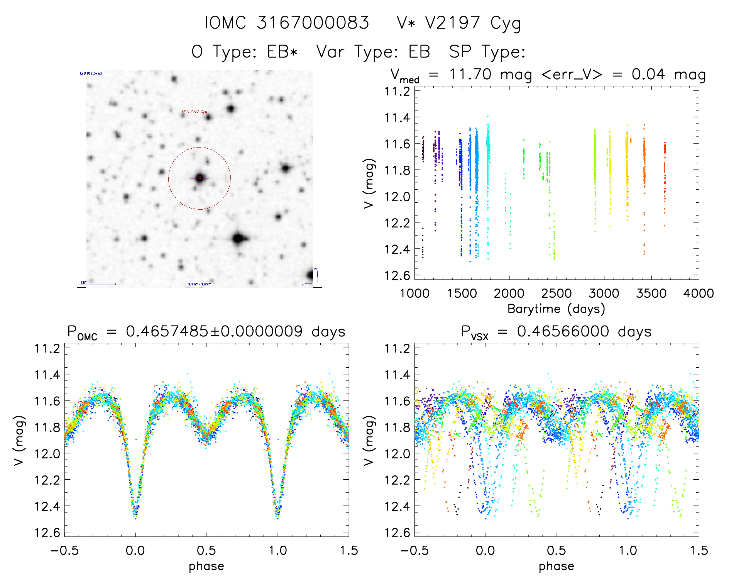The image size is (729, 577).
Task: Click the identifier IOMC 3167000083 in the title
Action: (287, 23)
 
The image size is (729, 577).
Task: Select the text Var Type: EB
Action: (373, 52)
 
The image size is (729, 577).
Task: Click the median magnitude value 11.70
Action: (470, 74)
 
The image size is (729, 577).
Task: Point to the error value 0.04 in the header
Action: (648, 74)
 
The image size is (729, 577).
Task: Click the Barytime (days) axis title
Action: (556, 309)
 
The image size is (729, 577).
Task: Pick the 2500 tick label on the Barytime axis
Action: (556, 294)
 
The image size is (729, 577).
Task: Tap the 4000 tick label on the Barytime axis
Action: (698, 294)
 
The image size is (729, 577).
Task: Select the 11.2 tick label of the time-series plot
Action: (397, 92)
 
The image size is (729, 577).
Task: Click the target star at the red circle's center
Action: (200, 178)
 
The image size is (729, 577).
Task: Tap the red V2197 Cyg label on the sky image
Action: (195, 112)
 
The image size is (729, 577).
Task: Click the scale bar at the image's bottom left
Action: (98, 284)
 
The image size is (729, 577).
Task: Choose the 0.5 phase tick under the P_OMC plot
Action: (206, 550)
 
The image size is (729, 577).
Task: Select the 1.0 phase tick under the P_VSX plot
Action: (628, 550)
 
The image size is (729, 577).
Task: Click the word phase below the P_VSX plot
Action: (556, 566)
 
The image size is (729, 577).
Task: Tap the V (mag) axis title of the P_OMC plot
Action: (19, 440)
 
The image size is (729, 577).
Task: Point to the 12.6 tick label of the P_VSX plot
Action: (397, 533)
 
